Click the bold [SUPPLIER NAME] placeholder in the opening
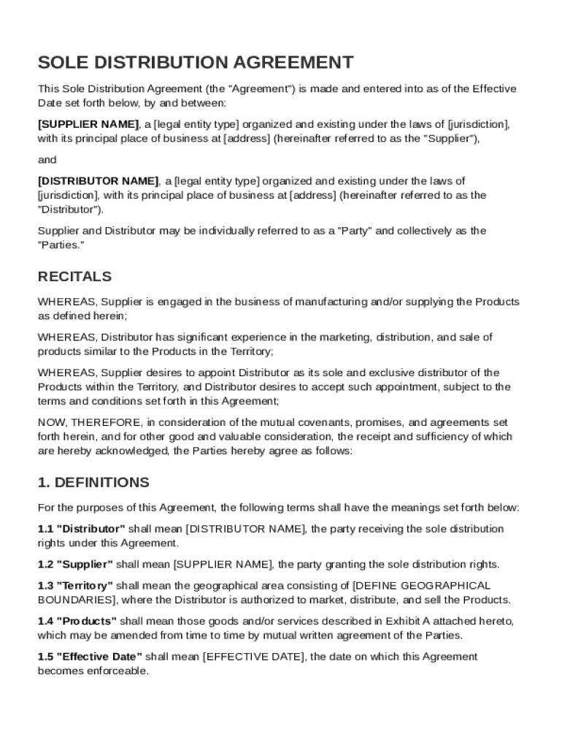click(88, 124)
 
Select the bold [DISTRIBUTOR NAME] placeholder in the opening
click(98, 180)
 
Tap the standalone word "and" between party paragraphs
click(47, 159)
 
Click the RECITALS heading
click(74, 277)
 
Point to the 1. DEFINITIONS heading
click(93, 482)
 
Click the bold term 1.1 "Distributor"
click(81, 529)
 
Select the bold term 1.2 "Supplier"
click(75, 565)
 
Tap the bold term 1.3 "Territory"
click(75, 586)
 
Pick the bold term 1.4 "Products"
click(77, 621)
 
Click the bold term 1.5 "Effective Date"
click(90, 657)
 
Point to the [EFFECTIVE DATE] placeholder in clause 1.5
click(253, 657)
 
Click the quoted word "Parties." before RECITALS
click(61, 245)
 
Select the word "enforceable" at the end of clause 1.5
click(120, 671)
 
